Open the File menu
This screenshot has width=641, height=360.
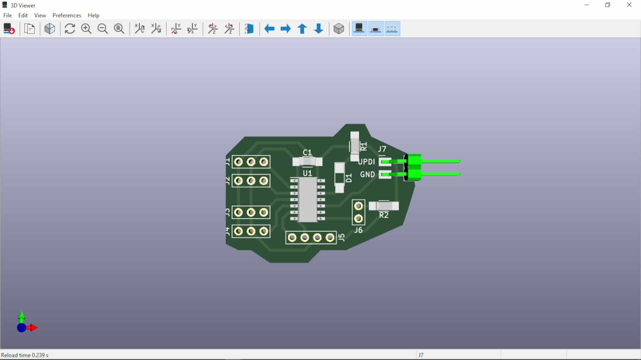pyautogui.click(x=7, y=15)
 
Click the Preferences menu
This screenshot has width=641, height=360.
pyautogui.click(x=66, y=15)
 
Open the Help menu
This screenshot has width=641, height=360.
pyautogui.click(x=93, y=15)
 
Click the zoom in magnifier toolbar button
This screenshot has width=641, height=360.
pyautogui.click(x=86, y=29)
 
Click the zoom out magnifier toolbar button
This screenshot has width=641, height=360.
pyautogui.click(x=102, y=29)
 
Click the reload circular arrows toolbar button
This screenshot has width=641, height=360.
pyautogui.click(x=69, y=29)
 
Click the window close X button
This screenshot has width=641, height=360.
pyautogui.click(x=629, y=5)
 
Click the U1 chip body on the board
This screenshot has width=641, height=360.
pyautogui.click(x=307, y=200)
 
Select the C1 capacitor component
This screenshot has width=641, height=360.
pyautogui.click(x=307, y=162)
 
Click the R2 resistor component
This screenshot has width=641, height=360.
pyautogui.click(x=384, y=206)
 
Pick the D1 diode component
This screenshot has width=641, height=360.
pyautogui.click(x=340, y=177)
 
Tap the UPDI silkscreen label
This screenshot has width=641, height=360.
pyautogui.click(x=367, y=162)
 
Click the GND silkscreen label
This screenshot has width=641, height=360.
pyautogui.click(x=367, y=174)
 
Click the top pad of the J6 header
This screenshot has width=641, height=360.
pyautogui.click(x=358, y=206)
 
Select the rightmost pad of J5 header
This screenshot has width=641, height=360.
pyautogui.click(x=330, y=238)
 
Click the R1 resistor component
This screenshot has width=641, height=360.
pyautogui.click(x=355, y=146)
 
